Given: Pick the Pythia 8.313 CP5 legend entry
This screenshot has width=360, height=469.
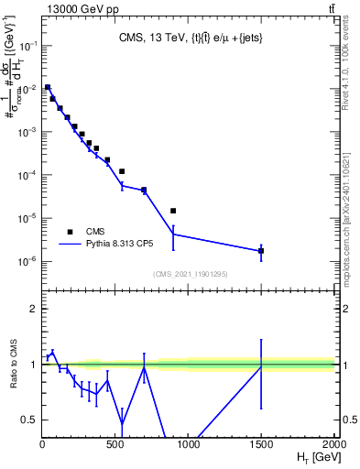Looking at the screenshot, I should (110, 245).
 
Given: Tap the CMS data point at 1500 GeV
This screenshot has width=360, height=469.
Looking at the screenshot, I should (261, 250).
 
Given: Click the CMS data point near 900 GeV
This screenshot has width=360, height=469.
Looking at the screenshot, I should (173, 211).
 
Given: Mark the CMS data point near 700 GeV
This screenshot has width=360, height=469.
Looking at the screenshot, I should (144, 191).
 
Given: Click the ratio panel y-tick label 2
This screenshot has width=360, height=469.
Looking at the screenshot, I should (33, 309).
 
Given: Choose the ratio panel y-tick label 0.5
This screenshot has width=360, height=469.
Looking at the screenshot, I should (29, 420).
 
